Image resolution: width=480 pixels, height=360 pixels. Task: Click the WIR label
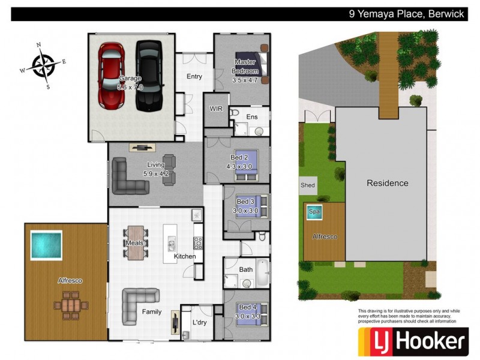coord(216,109)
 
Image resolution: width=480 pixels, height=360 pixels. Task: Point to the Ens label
coord(252,116)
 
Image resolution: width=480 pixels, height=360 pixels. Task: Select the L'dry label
coord(200,322)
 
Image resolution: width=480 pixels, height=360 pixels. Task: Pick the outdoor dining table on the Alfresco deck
coord(70,304)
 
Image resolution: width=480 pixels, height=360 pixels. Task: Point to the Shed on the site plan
coord(307,185)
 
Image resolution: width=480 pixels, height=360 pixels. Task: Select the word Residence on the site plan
coord(387,183)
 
